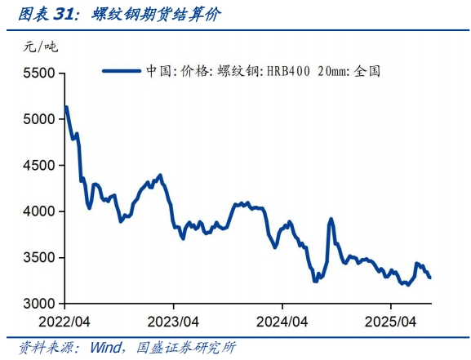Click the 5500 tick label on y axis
coord(37,73)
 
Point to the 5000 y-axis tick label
coord(37,119)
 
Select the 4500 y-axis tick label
coord(37,166)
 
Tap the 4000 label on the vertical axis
coord(37,211)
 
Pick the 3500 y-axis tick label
coord(37,258)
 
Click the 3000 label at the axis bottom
coord(37,304)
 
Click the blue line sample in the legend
coord(122,70)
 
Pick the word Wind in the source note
coord(104,348)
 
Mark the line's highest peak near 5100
coord(65,107)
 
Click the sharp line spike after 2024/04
coord(331,219)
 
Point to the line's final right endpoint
coord(430,278)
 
